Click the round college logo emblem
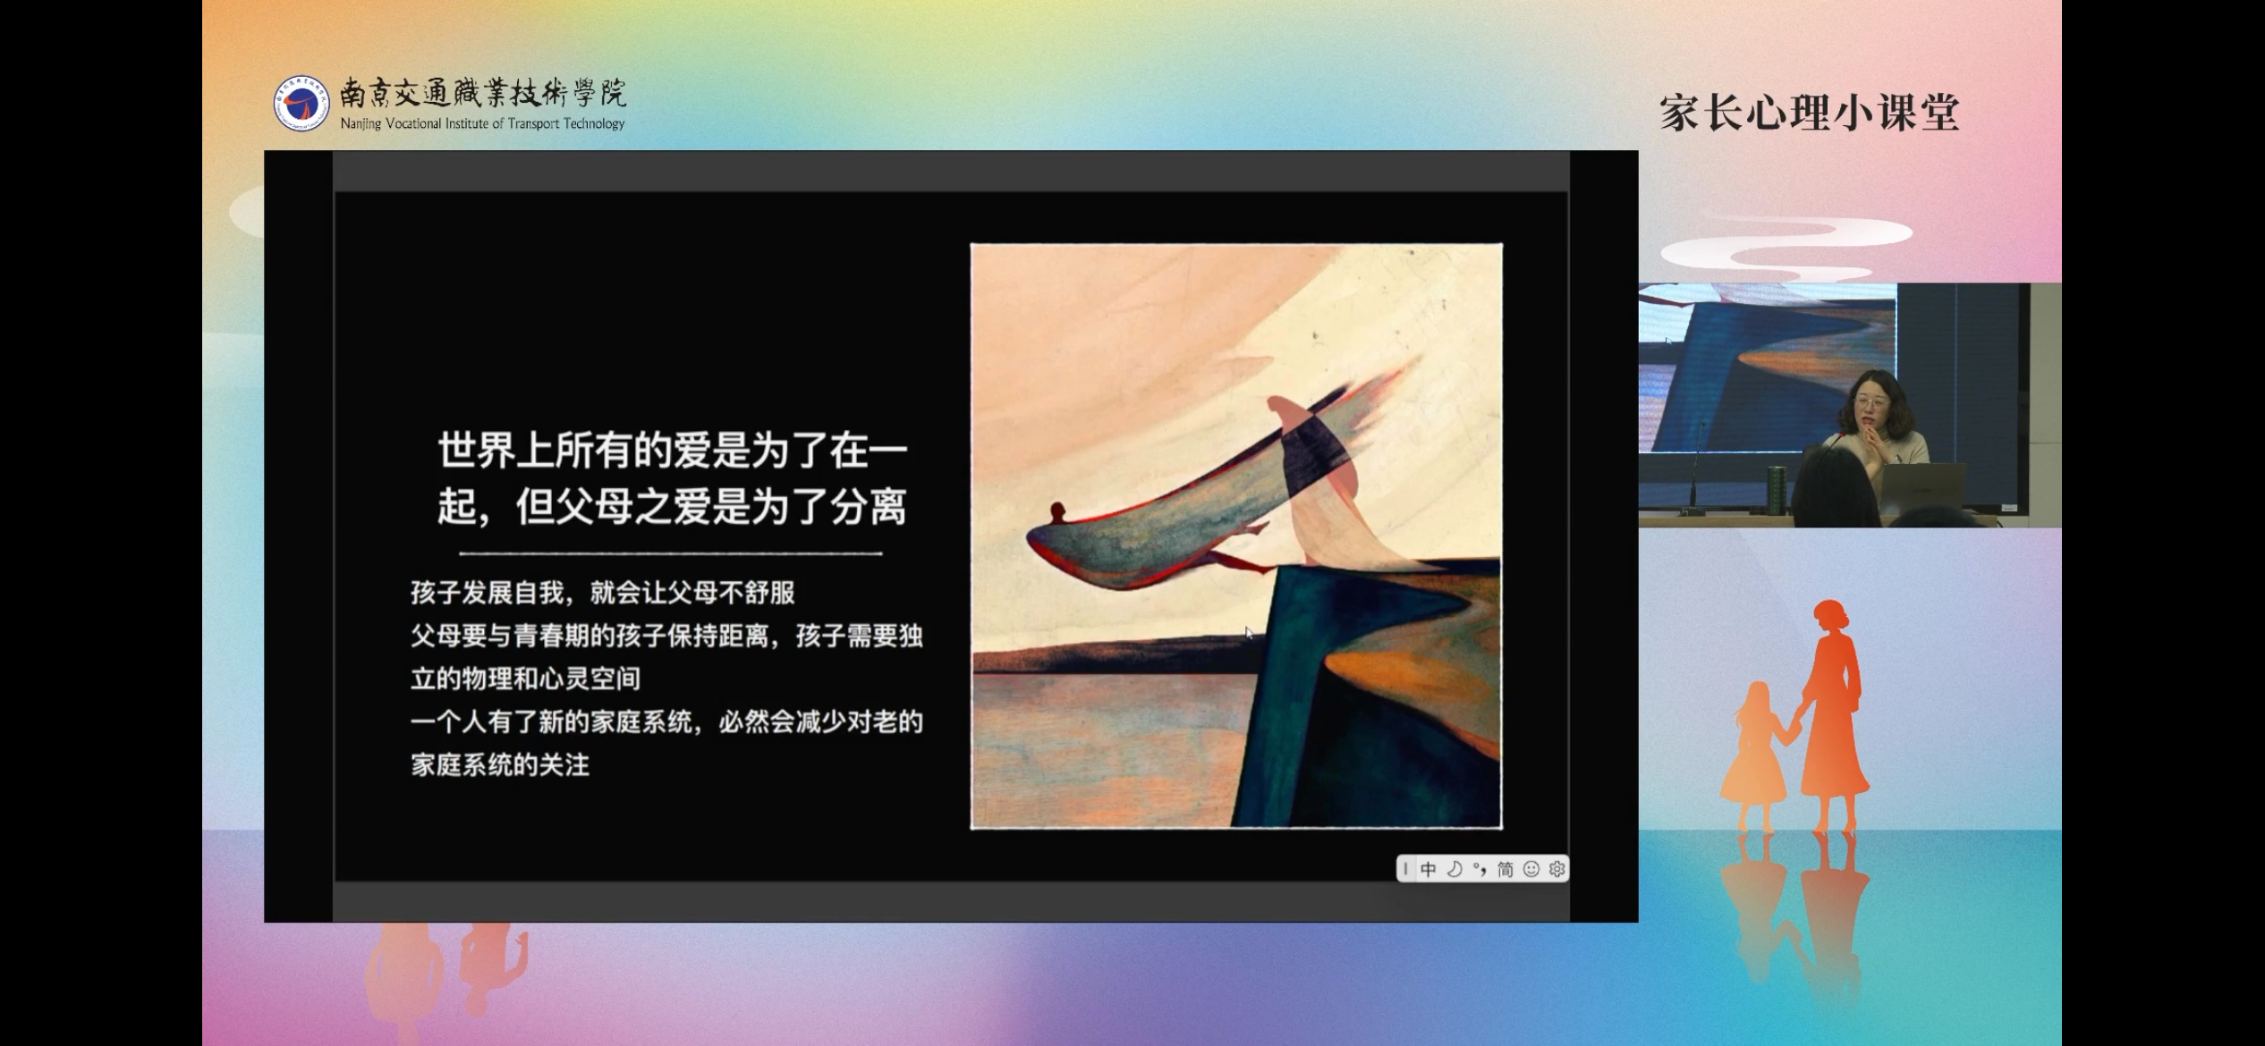click(x=301, y=104)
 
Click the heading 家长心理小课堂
click(x=1810, y=114)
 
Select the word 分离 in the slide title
click(x=869, y=507)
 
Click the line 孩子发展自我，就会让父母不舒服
click(x=603, y=593)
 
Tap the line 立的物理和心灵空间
click(x=526, y=679)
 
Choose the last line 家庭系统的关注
click(x=501, y=765)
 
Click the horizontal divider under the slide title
click(x=671, y=554)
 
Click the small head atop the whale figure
click(x=1058, y=513)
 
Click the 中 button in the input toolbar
click(x=1429, y=869)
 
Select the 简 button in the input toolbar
click(x=1506, y=869)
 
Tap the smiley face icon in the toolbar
click(x=1531, y=869)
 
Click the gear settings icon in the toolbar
click(x=1557, y=869)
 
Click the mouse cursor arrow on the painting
click(x=1249, y=633)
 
